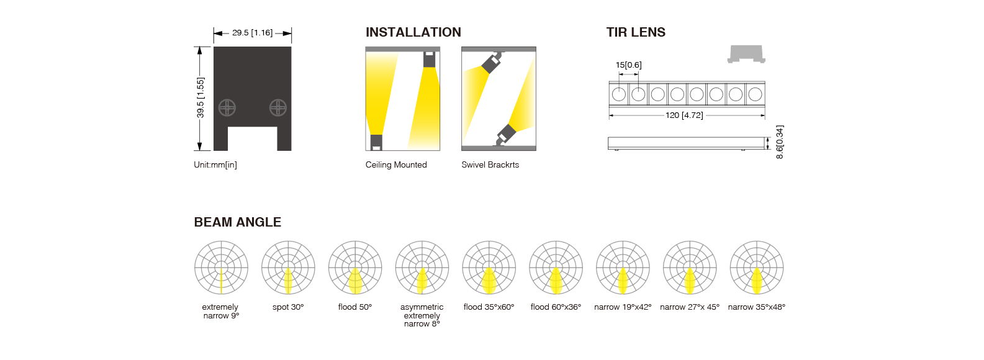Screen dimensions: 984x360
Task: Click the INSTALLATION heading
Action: tap(413, 32)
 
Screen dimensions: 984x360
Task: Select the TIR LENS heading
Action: tap(636, 32)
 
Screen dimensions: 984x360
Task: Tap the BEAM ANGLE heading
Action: tap(237, 222)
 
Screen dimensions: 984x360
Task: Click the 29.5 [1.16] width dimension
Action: tap(252, 33)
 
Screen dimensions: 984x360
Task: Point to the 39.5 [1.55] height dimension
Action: tap(201, 98)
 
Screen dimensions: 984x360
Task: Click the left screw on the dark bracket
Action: tap(227, 107)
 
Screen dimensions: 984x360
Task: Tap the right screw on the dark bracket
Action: tap(278, 107)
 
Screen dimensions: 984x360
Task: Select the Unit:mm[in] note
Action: tap(215, 164)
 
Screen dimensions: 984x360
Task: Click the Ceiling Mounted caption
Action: tap(396, 164)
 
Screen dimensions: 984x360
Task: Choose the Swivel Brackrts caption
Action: tap(490, 164)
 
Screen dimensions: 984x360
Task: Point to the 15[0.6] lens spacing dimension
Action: tap(628, 65)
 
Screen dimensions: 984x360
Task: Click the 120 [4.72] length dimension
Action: tap(684, 115)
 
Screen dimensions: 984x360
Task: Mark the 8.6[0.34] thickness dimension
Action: tap(779, 142)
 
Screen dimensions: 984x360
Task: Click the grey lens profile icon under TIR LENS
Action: tap(746, 54)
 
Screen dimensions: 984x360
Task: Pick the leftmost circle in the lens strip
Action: tap(619, 94)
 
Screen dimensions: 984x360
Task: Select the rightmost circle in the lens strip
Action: tap(755, 94)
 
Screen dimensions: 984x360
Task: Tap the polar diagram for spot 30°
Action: tap(288, 268)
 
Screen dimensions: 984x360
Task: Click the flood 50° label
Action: tap(355, 307)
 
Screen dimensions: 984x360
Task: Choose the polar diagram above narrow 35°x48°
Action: tap(756, 268)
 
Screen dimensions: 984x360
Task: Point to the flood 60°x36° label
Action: tap(556, 307)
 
